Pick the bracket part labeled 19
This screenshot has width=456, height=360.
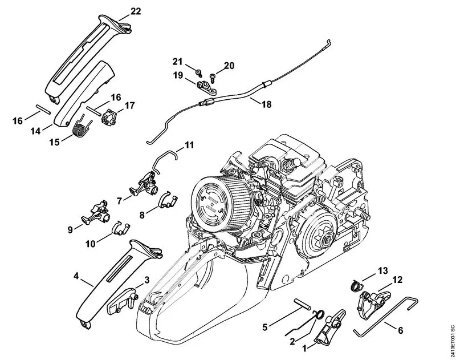(203, 87)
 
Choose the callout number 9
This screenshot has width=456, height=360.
(71, 229)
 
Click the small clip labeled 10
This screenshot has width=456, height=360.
(117, 227)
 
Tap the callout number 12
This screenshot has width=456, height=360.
(398, 280)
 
